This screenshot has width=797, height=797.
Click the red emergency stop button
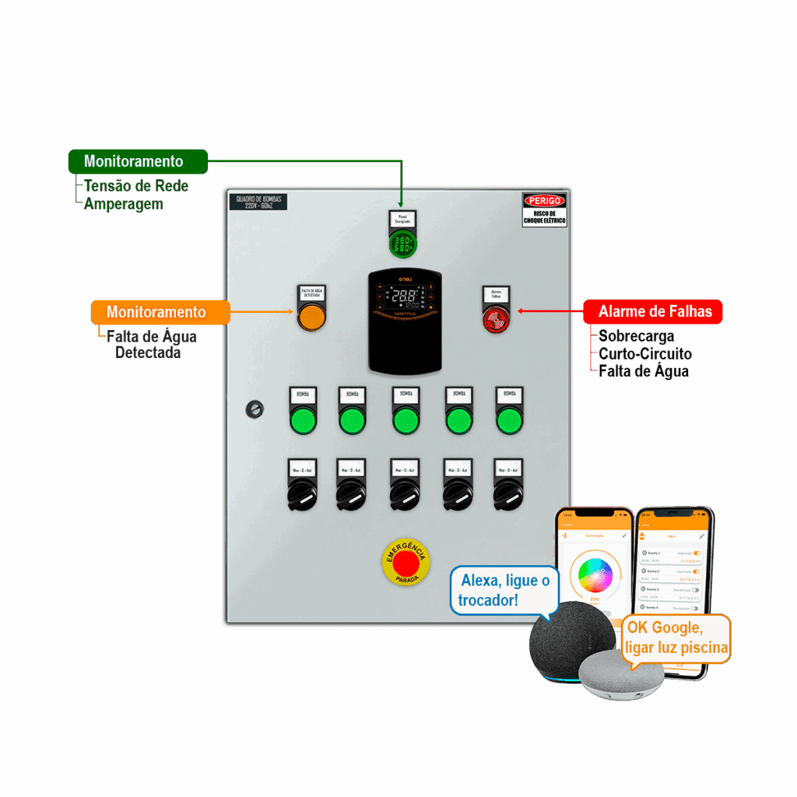coord(406,561)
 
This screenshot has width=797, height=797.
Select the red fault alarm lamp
coord(496,319)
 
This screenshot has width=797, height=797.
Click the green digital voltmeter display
coord(403,245)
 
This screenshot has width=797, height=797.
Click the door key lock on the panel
coord(253,409)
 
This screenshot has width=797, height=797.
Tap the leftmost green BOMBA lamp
coord(303,421)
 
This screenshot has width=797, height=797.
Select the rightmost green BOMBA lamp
coord(509,421)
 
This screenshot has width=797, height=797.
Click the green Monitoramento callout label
coord(138,162)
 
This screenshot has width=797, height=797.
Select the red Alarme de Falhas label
coord(654,312)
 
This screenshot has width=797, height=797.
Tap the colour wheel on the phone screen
coord(595,575)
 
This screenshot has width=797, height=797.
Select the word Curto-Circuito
coord(644,354)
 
